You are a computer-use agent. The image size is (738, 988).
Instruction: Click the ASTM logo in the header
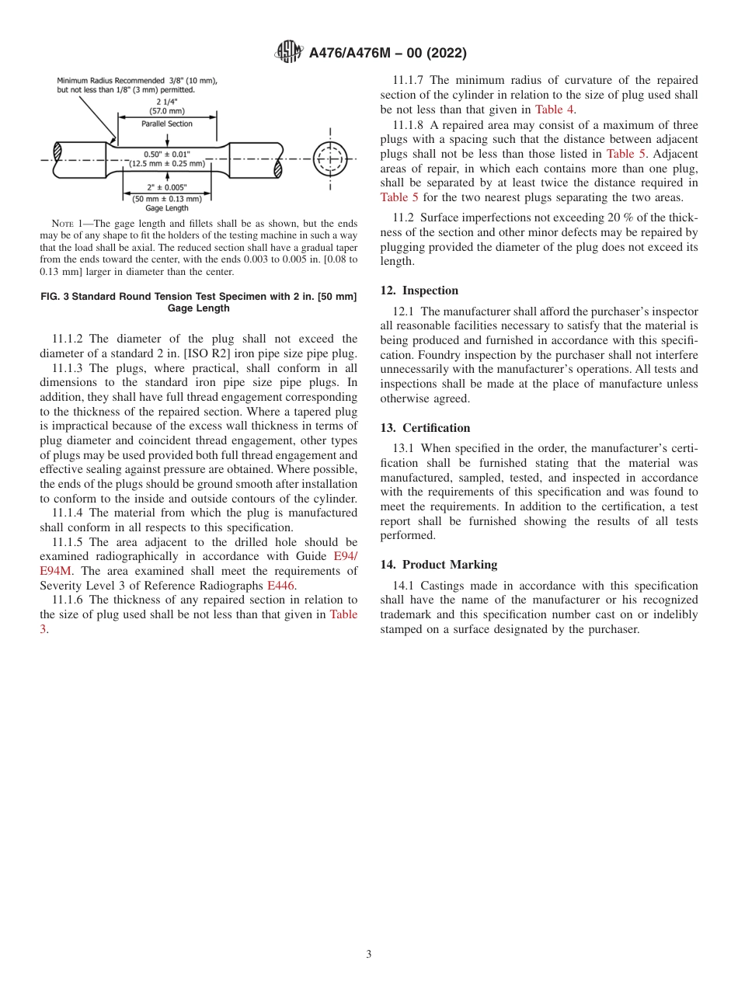(289, 53)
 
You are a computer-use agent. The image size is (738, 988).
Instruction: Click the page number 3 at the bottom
(369, 955)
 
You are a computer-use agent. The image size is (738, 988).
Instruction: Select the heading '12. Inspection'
(419, 290)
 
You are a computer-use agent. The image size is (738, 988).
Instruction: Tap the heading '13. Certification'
(425, 428)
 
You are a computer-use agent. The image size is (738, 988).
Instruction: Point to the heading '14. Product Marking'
(438, 565)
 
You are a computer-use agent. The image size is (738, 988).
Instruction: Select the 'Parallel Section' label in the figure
(167, 124)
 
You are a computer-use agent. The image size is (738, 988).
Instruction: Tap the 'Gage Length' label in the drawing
(167, 208)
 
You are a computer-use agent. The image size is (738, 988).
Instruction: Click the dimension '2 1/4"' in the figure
(167, 102)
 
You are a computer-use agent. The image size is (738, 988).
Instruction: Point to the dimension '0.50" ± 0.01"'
(167, 154)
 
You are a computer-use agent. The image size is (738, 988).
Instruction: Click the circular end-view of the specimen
(330, 158)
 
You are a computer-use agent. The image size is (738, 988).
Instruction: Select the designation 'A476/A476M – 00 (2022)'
(388, 53)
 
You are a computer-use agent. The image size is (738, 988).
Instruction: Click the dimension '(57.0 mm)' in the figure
(167, 111)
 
